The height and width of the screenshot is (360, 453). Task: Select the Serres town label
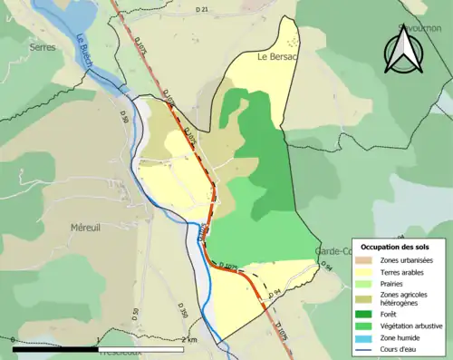click(x=42, y=47)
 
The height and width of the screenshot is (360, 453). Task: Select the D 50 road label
click(x=136, y=316)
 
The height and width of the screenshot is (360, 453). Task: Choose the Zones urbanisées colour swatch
click(x=366, y=261)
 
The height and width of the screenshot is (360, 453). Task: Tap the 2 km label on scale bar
click(x=188, y=338)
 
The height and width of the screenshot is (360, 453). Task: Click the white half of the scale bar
click(x=140, y=347)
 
